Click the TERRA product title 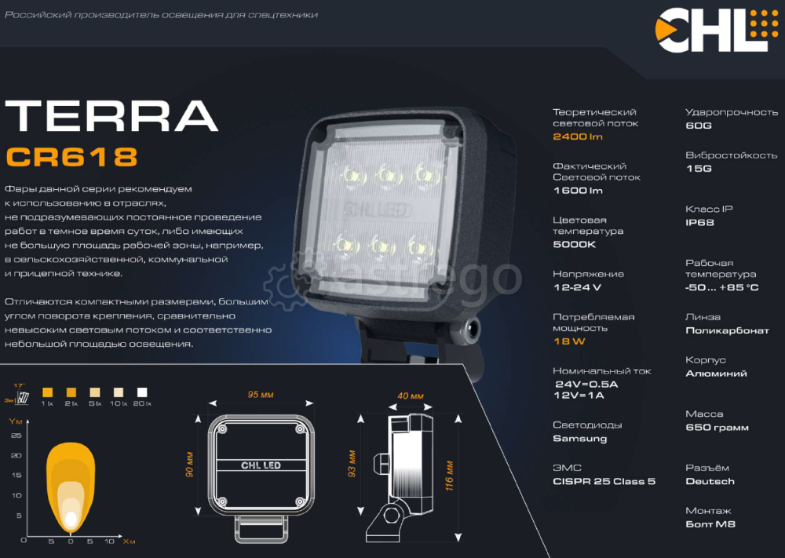111,116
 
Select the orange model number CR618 71,157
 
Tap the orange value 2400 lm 578,137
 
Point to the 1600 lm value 578,191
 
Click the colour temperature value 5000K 575,244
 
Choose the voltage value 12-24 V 577,287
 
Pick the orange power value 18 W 569,341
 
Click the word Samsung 579,439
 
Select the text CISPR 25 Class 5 604,481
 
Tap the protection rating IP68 699,223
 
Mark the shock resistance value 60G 698,126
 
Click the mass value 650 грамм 717,428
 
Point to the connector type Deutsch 710,481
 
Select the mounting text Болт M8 710,524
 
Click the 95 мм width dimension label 260,395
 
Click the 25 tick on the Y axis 16,435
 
